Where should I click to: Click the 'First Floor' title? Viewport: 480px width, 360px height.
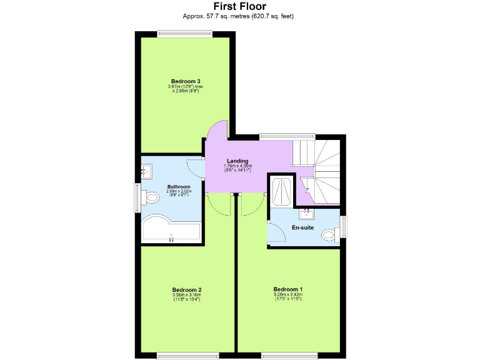239,7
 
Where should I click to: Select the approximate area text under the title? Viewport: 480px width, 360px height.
239,16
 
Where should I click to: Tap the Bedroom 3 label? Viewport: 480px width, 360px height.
186,81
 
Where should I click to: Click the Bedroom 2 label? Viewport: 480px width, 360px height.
186,289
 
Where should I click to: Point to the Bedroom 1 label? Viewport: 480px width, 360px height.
287,289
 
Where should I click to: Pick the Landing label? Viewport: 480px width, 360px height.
237,161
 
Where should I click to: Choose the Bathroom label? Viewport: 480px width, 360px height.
178,186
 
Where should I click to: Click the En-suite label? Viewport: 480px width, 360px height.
302,227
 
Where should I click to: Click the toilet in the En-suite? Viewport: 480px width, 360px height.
328,235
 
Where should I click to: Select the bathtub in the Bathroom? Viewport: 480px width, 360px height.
171,230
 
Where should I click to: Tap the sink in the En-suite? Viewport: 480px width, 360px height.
306,214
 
